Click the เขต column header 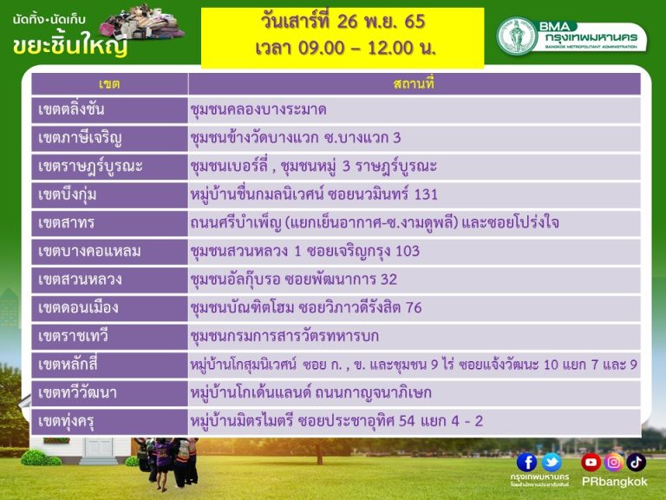pyautogui.click(x=109, y=83)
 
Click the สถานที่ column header pyautogui.click(x=414, y=83)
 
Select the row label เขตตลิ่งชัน pyautogui.click(x=71, y=109)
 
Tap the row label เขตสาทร pyautogui.click(x=66, y=223)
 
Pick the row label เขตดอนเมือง pyautogui.click(x=78, y=307)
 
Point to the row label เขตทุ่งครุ pyautogui.click(x=66, y=421)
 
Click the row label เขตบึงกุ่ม pyautogui.click(x=67, y=194)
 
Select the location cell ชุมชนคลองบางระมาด pyautogui.click(x=258, y=109)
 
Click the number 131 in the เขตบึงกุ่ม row pyautogui.click(x=426, y=194)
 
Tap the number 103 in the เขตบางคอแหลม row pyautogui.click(x=408, y=251)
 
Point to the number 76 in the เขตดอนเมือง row pyautogui.click(x=414, y=307)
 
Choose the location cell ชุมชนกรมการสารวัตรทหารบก pyautogui.click(x=284, y=336)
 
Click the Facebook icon pyautogui.click(x=526, y=463)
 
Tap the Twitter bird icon pyautogui.click(x=552, y=463)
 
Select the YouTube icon pyautogui.click(x=591, y=462)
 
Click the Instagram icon pyautogui.click(x=613, y=462)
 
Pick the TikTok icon pyautogui.click(x=636, y=462)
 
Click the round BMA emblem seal pyautogui.click(x=517, y=36)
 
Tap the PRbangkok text pyautogui.click(x=614, y=482)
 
